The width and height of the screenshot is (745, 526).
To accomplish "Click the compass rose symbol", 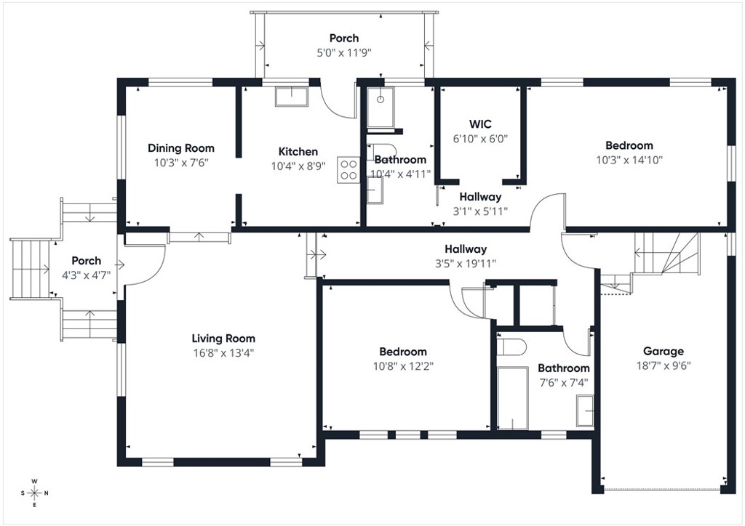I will pos(35,493).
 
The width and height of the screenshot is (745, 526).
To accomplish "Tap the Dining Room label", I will pos(181,148).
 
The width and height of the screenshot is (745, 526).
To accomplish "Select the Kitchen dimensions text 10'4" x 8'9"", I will pos(298,166).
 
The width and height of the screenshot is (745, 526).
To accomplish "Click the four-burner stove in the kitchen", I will pos(348,169).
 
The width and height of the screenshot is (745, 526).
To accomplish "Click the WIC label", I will pos(480,124).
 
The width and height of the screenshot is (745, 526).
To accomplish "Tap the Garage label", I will pos(663,352).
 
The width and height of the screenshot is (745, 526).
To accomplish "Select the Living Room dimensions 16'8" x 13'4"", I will pos(223,353).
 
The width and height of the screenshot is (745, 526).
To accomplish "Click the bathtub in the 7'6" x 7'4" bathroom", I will pos(512,397).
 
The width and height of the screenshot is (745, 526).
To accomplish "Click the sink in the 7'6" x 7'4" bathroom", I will pos(585,410).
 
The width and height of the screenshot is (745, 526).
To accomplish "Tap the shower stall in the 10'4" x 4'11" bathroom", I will pos(380,107).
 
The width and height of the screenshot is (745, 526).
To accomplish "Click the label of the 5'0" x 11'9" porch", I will pos(344,39).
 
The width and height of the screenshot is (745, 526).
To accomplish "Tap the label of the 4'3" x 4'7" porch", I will pos(86,261).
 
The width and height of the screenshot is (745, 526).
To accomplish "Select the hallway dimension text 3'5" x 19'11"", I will pos(466,263).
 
